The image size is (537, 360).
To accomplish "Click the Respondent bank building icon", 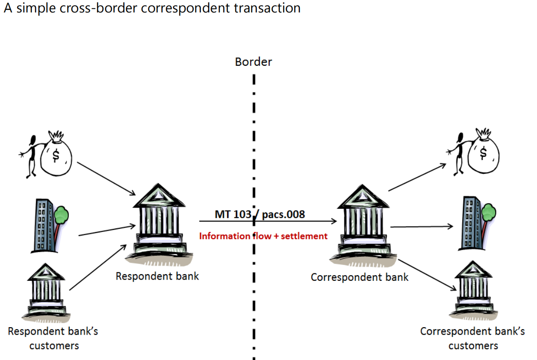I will pos(159,224).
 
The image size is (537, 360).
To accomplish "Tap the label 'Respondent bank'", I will pos(157,276).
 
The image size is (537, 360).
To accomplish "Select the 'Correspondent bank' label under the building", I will pos(359,277).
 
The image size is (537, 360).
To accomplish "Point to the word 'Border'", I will pos(253,62).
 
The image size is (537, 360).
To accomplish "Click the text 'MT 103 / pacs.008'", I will pos(260,214).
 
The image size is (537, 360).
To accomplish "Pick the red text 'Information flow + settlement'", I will pos(263,236).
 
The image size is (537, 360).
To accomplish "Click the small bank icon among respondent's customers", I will pos(46,289).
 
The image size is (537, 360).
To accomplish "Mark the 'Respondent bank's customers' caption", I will pos(53,338).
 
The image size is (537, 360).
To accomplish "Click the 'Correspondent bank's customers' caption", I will pos(473,338).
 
